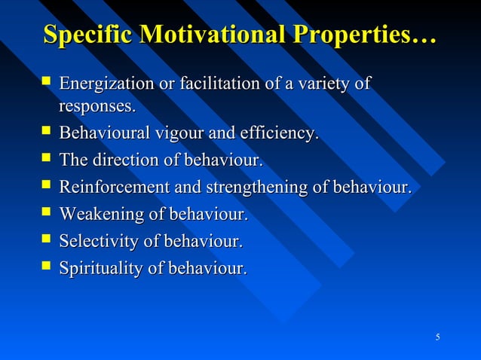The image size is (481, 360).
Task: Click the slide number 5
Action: click(x=438, y=336)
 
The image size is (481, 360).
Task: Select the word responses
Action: click(x=97, y=107)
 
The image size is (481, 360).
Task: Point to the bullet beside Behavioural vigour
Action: click(x=47, y=133)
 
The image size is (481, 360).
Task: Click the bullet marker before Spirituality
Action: click(x=47, y=267)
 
